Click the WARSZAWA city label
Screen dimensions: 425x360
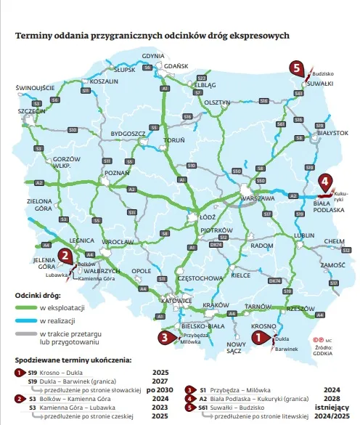coord(257,198)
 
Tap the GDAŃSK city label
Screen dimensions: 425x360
coord(176,65)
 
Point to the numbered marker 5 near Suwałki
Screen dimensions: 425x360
coord(295,68)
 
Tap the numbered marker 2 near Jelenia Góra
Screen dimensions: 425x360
coord(65,254)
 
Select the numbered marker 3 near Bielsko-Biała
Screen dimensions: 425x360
coord(166,336)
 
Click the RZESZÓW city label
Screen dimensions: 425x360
coord(300,309)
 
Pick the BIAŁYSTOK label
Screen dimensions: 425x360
coord(334,133)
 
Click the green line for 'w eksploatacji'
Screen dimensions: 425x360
coord(25,309)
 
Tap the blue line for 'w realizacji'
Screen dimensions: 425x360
coord(25,321)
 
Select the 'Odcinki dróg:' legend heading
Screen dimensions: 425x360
coord(38,296)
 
